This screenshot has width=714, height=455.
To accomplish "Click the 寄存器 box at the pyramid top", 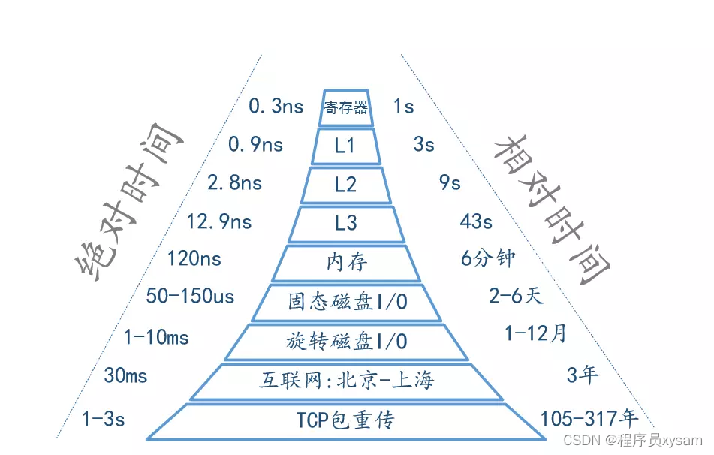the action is (x=346, y=107).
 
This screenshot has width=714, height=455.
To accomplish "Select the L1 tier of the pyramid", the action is (x=345, y=146).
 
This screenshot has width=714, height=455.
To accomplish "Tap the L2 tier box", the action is (x=345, y=185).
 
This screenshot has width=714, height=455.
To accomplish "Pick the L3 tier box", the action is (x=345, y=223).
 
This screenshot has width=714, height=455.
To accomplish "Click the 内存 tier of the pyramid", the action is (x=345, y=262).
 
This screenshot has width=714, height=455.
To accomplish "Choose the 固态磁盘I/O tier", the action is (x=346, y=302).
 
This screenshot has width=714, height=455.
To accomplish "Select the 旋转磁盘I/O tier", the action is (x=346, y=342).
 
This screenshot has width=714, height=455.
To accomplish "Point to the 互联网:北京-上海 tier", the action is (x=346, y=381).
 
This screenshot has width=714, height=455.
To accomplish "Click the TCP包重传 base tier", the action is (x=346, y=420).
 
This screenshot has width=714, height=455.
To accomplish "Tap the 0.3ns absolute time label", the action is (x=276, y=107).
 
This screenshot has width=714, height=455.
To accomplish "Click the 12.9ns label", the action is (x=219, y=222).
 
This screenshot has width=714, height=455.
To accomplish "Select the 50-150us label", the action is (x=190, y=297).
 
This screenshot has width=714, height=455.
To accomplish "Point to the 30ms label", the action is (x=125, y=375).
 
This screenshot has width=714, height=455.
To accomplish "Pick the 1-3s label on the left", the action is (x=103, y=419).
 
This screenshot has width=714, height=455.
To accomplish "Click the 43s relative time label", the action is (x=476, y=222).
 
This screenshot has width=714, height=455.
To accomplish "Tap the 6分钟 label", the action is (x=489, y=258).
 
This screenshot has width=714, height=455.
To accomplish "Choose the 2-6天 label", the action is (x=515, y=297).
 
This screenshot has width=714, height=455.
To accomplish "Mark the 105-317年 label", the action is (x=589, y=419).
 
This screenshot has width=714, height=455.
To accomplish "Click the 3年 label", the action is (x=583, y=375).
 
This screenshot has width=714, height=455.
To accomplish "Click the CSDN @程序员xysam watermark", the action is (x=632, y=441).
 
